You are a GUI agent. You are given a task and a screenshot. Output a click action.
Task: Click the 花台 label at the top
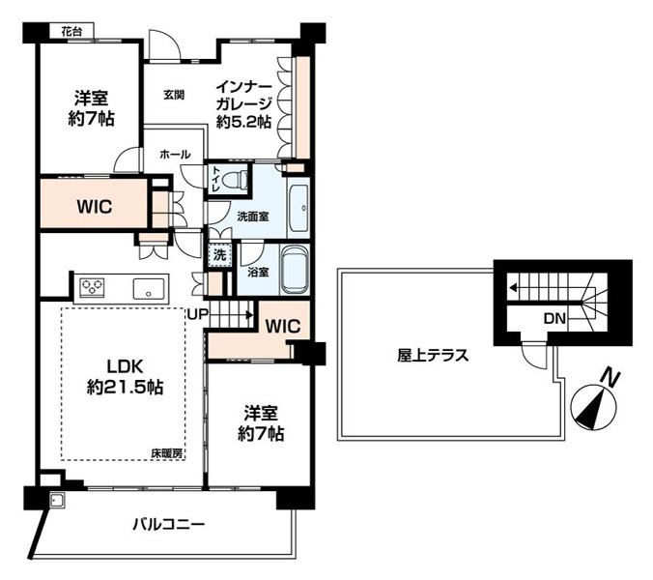[71, 32]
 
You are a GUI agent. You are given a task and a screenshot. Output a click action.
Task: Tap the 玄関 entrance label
[174, 95]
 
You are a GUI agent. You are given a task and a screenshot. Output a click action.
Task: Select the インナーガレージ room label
[244, 104]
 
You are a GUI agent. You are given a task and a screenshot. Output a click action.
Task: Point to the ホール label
[175, 154]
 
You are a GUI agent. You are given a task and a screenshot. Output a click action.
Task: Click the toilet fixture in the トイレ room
[234, 180]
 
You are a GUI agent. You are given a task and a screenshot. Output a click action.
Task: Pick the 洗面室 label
[253, 217]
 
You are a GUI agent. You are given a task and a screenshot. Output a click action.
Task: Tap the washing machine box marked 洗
[219, 254]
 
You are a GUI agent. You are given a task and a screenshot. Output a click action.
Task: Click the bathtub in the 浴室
[295, 270]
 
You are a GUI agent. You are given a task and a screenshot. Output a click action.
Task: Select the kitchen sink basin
[149, 289]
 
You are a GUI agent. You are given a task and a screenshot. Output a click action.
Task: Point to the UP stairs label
[197, 314]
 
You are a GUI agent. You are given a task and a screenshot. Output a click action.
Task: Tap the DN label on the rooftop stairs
[554, 319]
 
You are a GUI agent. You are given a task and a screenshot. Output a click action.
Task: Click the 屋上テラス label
[433, 356]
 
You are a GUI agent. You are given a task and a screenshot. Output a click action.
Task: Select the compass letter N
[610, 378]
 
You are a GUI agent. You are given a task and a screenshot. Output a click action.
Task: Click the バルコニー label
[169, 524]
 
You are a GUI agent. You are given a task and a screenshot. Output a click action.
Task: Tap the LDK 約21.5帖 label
[125, 377]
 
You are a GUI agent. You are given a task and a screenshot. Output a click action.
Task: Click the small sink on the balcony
[56, 500]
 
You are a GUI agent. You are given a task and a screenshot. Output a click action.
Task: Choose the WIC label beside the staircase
[283, 327]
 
